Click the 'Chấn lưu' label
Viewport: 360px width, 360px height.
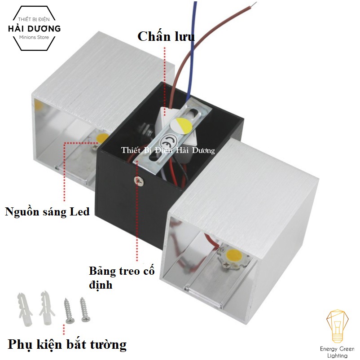tap(166, 36)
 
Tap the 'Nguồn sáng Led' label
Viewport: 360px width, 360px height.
tap(47, 212)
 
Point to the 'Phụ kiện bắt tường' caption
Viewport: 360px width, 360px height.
tap(67, 345)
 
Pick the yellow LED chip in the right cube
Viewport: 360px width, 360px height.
tap(234, 257)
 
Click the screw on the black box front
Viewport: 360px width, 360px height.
tap(139, 180)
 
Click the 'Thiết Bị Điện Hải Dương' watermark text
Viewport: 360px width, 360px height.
tap(168, 151)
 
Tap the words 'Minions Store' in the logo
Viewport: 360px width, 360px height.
tap(35, 37)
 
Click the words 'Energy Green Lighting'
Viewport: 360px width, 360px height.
tap(337, 352)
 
